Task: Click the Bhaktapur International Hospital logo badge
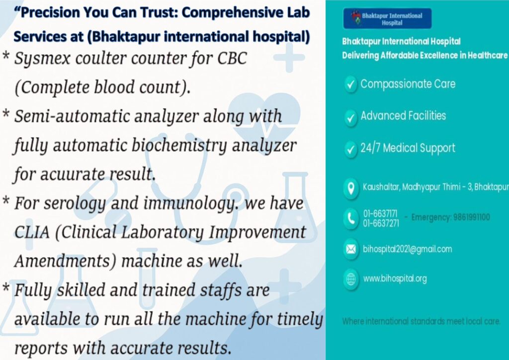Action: (x=387, y=18)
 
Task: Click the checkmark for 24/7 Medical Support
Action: (x=350, y=150)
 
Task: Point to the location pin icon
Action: (x=351, y=188)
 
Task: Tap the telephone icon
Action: (x=351, y=218)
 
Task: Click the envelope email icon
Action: (x=351, y=249)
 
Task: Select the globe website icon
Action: (x=351, y=279)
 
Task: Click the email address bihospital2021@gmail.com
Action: (x=408, y=249)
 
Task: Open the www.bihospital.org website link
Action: (x=395, y=278)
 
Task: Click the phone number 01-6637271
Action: (x=381, y=223)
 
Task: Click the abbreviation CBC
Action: (x=232, y=58)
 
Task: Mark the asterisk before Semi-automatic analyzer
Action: (x=6, y=113)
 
